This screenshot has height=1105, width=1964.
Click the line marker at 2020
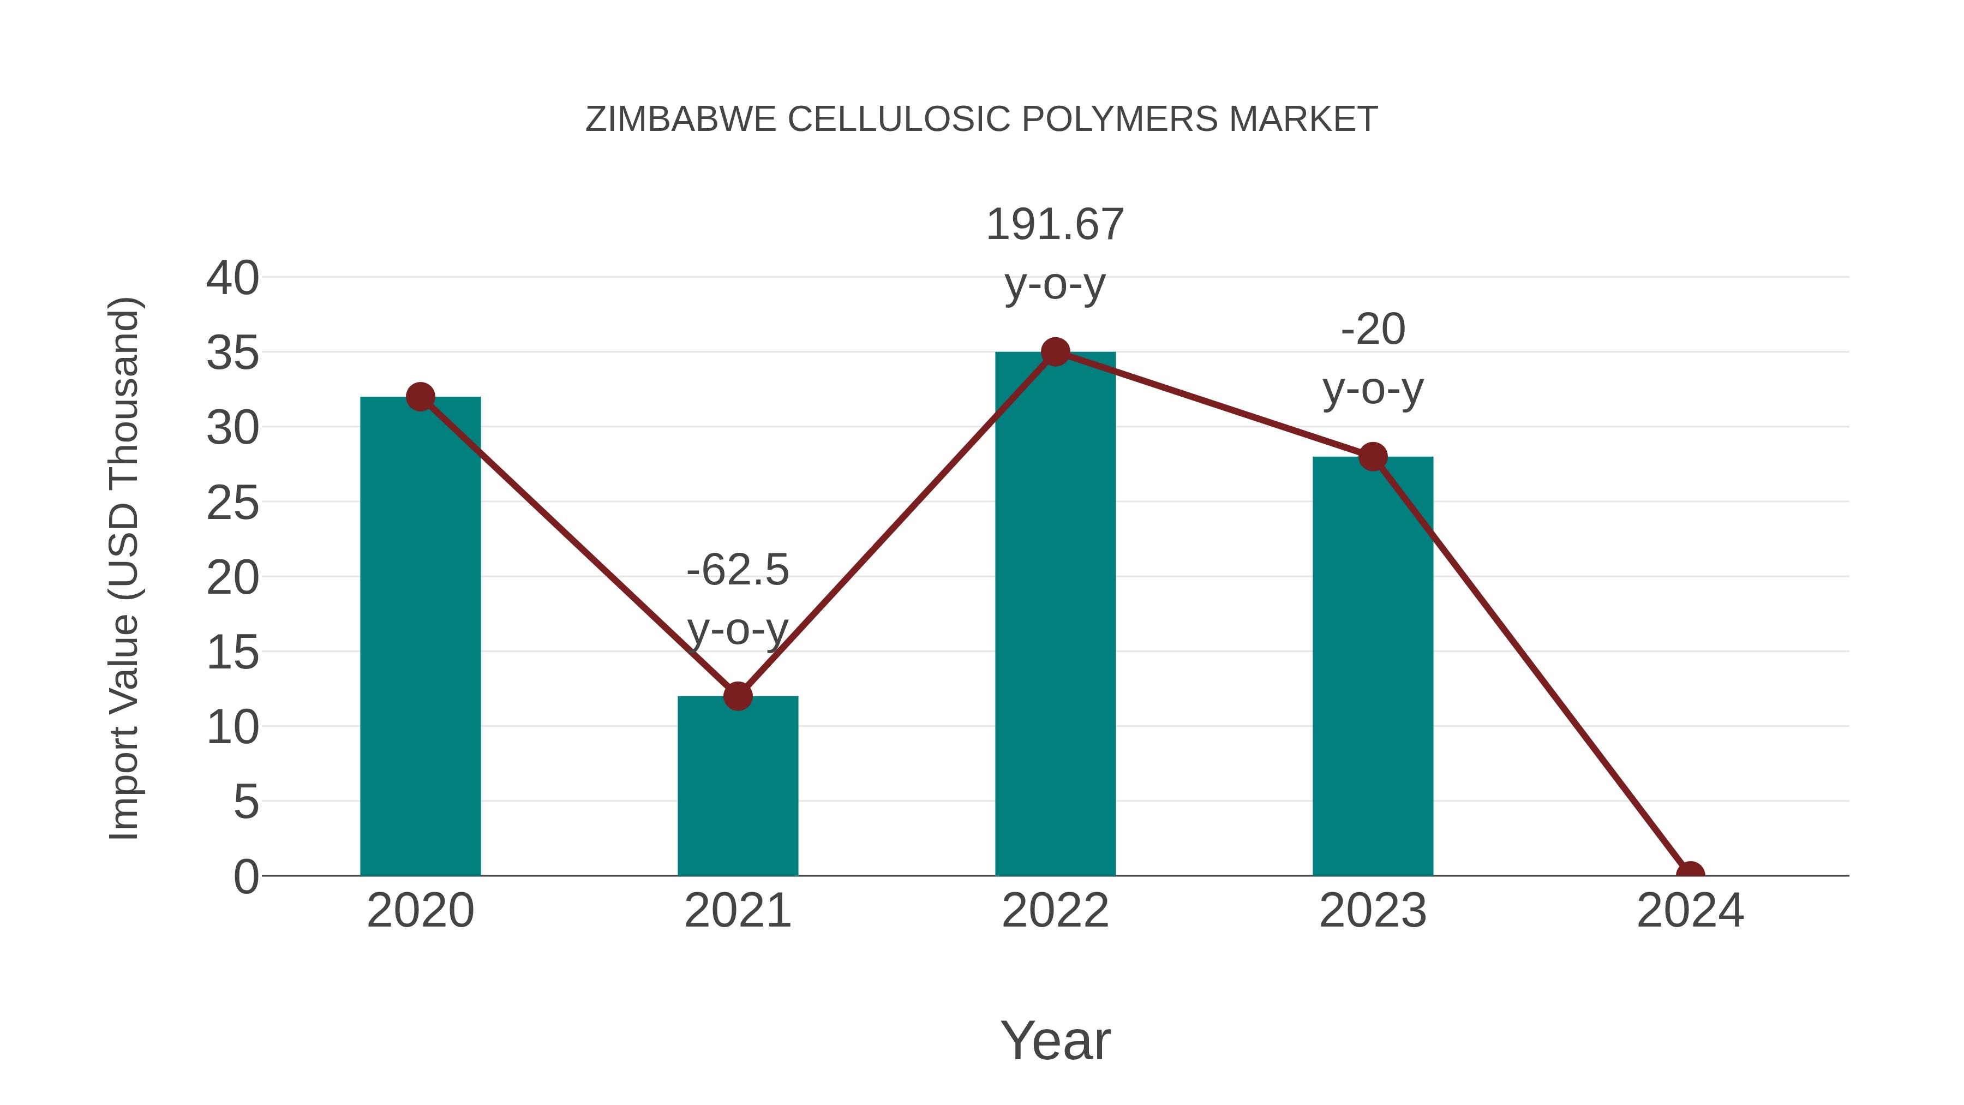pos(420,397)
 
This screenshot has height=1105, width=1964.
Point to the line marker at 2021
pos(737,696)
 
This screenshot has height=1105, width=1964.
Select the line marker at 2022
pos(1055,351)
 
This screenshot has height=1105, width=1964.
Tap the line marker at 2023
pos(1373,457)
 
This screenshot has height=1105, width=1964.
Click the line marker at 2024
pos(1690,874)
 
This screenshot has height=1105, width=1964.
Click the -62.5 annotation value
pos(737,570)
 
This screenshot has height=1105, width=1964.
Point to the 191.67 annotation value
pos(1055,225)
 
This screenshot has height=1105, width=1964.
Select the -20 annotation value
pos(1373,330)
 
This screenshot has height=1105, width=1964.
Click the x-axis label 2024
pos(1690,911)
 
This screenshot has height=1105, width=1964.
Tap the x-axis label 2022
pos(1055,911)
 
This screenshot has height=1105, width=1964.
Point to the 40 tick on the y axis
pos(232,278)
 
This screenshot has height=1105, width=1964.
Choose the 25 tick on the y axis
pos(232,503)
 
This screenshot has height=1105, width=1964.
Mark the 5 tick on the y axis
pos(245,802)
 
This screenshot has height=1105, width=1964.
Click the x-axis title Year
pos(1055,1040)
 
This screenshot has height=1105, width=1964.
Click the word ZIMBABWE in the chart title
pos(680,120)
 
